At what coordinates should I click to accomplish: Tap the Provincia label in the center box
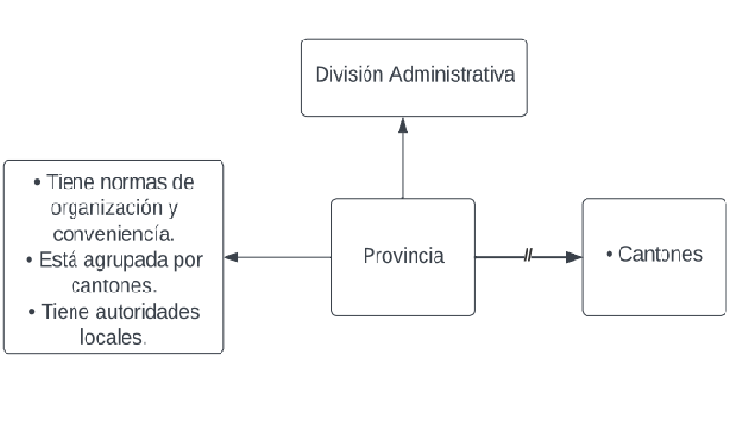402,256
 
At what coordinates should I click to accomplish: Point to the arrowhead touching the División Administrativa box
402,123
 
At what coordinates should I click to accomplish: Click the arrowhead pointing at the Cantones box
574,257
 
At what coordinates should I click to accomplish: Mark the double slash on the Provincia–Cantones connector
528,257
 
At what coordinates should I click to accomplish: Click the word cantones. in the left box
114,285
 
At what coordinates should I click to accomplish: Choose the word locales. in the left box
113,337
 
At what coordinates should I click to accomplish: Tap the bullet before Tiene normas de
36,181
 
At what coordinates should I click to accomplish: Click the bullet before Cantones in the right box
609,254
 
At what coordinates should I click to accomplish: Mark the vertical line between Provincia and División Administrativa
402,166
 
